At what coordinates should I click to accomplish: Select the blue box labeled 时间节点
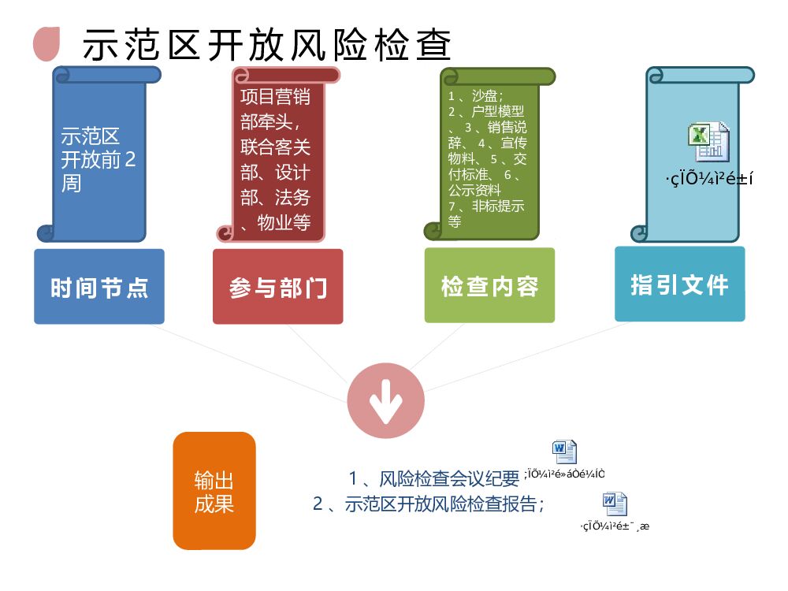click(99, 287)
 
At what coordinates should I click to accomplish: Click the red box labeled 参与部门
click(278, 287)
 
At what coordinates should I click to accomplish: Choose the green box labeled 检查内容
click(489, 286)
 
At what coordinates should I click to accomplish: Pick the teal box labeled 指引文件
click(679, 284)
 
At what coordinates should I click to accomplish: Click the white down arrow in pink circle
click(386, 400)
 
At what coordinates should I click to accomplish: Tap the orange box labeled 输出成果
click(214, 491)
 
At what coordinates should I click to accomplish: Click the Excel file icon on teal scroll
click(707, 143)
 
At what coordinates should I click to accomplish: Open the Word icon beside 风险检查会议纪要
click(564, 452)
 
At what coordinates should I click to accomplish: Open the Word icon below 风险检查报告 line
click(615, 504)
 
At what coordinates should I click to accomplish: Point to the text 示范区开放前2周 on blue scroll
click(98, 160)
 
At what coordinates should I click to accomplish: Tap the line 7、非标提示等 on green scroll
click(485, 214)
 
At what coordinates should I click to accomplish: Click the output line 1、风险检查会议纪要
click(434, 478)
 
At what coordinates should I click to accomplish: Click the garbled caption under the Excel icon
click(708, 180)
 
